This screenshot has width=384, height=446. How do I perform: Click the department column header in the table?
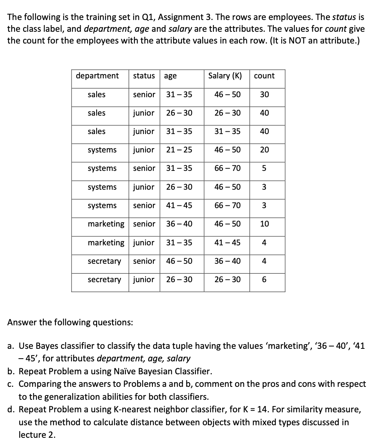[97, 76]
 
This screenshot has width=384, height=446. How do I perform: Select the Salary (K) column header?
[225, 76]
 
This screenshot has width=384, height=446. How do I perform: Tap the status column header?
[144, 76]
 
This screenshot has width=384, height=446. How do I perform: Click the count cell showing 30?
[264, 94]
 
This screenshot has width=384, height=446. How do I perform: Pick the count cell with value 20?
[264, 150]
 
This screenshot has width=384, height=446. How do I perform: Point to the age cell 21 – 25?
[179, 150]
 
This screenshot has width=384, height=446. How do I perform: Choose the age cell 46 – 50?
[179, 261]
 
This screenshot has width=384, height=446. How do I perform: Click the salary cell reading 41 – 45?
[228, 243]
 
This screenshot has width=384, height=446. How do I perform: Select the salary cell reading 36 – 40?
[228, 261]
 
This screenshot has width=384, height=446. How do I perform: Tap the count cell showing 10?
[264, 224]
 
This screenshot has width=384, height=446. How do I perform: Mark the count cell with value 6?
[264, 279]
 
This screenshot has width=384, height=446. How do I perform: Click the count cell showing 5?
[264, 169]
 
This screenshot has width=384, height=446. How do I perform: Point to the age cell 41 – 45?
[179, 205]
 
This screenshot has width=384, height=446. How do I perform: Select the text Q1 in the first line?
[140, 17]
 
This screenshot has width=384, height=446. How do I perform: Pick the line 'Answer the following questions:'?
[70, 323]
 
